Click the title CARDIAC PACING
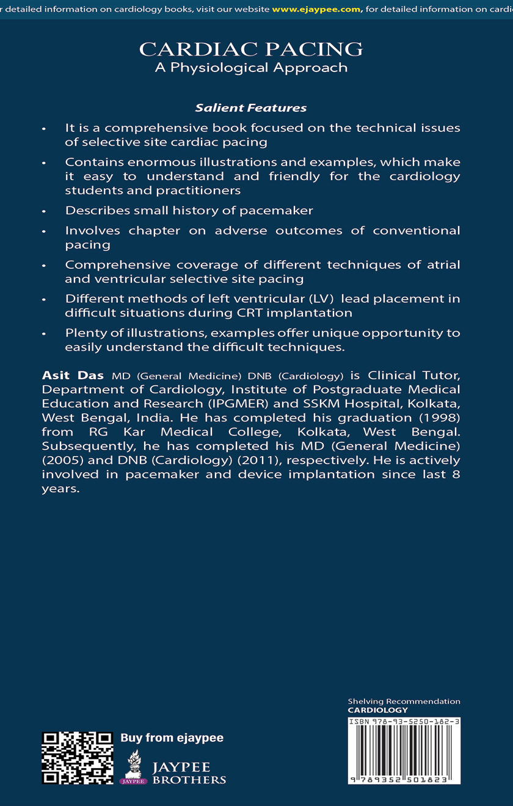click(x=251, y=49)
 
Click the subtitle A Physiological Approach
click(x=251, y=67)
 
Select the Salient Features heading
click(x=251, y=108)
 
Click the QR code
click(x=77, y=757)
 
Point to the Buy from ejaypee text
click(x=172, y=738)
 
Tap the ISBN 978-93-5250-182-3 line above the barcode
click(x=404, y=721)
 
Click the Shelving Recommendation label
click(x=404, y=702)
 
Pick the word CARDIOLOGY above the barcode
click(x=377, y=710)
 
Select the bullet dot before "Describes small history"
click(x=43, y=211)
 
